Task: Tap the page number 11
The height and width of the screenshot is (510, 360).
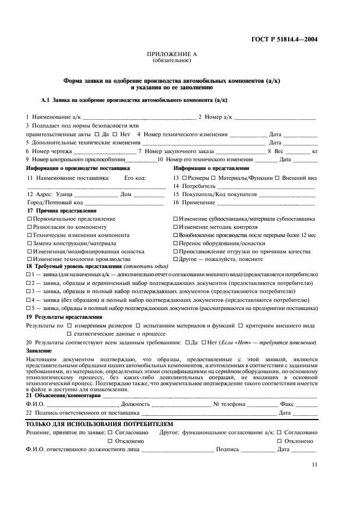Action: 315,464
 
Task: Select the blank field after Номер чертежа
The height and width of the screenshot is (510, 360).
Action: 105,151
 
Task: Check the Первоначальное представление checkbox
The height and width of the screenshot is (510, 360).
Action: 29,218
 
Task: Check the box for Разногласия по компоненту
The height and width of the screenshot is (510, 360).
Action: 29,227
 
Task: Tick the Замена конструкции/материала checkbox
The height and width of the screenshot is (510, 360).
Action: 29,243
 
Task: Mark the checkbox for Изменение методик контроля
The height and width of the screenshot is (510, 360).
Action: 176,227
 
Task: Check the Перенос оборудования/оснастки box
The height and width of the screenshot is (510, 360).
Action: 176,243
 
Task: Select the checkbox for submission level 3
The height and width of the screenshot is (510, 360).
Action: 28,292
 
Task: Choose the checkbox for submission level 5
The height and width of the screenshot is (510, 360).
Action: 28,308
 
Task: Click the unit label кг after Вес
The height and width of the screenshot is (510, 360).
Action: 315,151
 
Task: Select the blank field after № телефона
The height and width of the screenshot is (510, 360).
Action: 263,404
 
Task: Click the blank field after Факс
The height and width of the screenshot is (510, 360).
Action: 307,404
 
